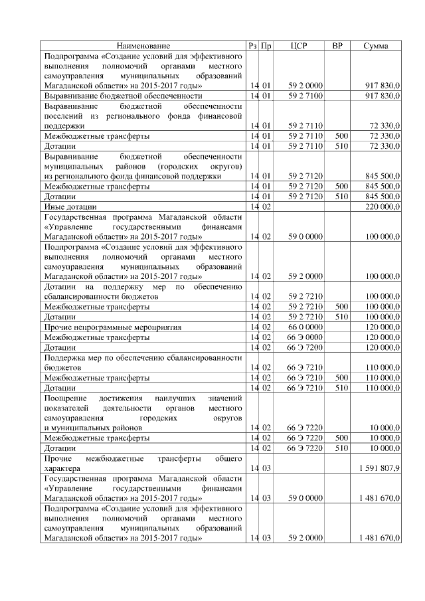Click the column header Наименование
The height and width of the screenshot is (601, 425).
[143, 46]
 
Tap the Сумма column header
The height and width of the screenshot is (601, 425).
[377, 46]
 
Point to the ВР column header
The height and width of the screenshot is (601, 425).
[337, 46]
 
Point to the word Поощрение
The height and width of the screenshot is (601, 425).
[64, 397]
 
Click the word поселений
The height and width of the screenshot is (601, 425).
[64, 116]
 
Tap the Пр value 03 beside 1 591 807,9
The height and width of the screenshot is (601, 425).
[266, 469]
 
